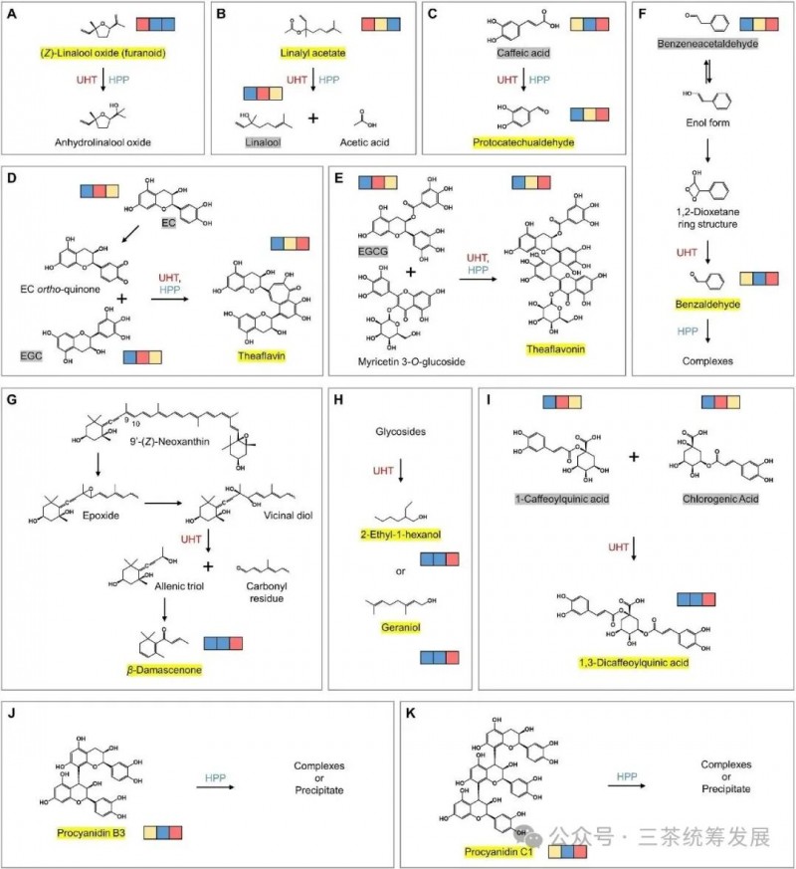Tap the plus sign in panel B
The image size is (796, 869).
[x=312, y=117]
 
